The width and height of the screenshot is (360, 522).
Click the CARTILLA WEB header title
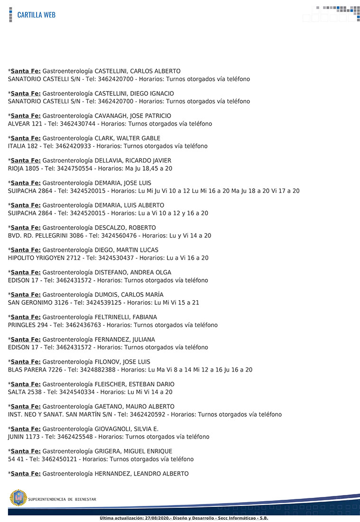36,15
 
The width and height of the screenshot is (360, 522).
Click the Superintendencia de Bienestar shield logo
18,498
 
